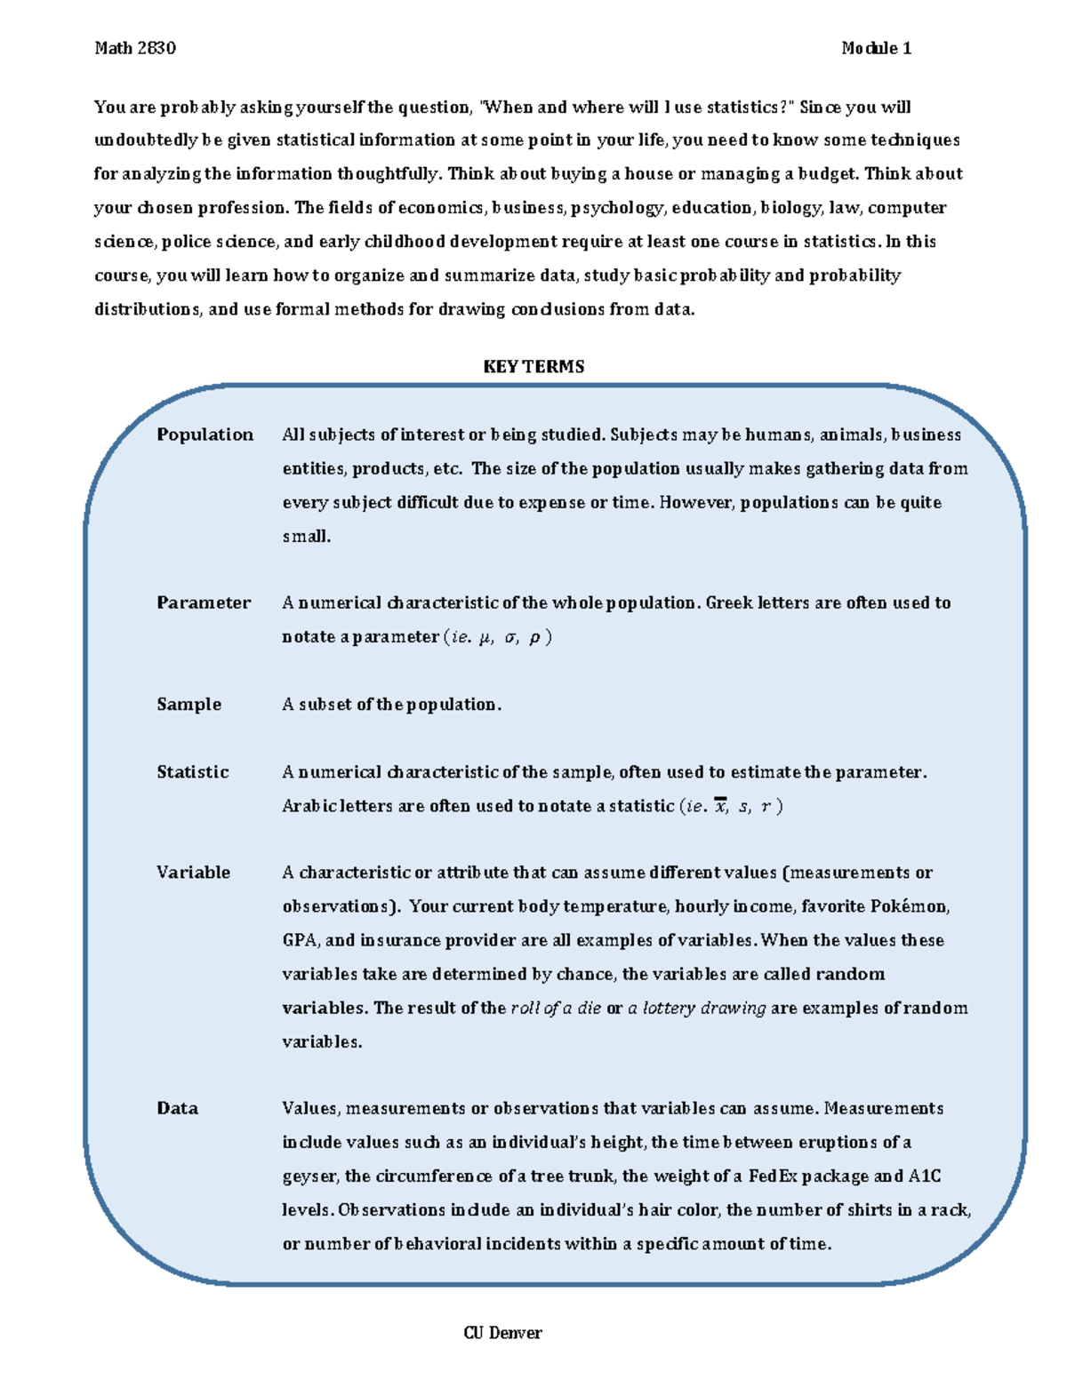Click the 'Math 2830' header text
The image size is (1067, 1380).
tap(135, 48)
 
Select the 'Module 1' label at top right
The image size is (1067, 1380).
tap(876, 48)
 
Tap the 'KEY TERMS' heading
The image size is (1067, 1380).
tap(533, 366)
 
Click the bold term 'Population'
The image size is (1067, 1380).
tap(205, 435)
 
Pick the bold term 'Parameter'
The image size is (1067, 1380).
tap(204, 602)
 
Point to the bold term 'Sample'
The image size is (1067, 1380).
tap(189, 704)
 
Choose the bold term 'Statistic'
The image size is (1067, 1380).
tap(192, 772)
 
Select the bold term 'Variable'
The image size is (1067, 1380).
tap(193, 873)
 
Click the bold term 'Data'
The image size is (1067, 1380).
tap(177, 1108)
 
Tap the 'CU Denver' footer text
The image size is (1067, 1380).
tap(502, 1333)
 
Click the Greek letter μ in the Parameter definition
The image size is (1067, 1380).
tap(485, 637)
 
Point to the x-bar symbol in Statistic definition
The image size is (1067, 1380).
tap(720, 807)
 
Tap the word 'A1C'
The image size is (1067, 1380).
tap(924, 1176)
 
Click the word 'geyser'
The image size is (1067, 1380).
tap(309, 1177)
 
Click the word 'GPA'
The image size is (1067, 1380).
tap(300, 940)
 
